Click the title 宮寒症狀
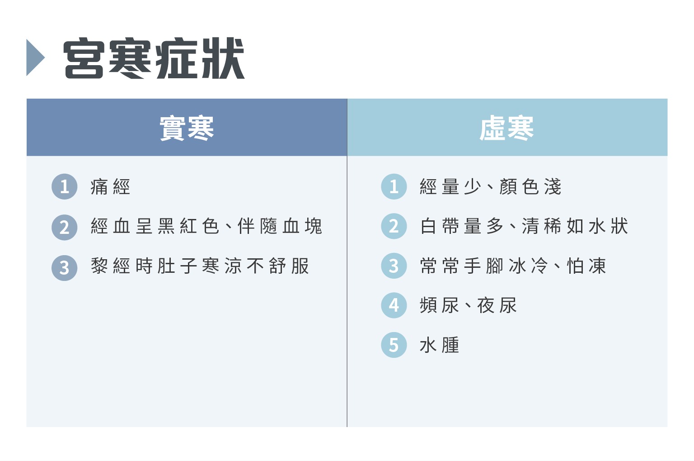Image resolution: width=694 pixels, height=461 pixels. pyautogui.click(x=154, y=58)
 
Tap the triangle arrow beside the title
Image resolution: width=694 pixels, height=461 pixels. pyautogui.click(x=35, y=58)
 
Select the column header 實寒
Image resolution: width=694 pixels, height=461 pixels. pyautogui.click(x=187, y=128)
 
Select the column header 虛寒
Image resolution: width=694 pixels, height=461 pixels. pyautogui.click(x=507, y=128)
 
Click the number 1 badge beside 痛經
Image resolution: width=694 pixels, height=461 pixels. pyautogui.click(x=65, y=186)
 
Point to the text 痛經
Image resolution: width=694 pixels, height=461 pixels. pyautogui.click(x=110, y=187)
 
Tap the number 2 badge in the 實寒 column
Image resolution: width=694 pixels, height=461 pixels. pyautogui.click(x=65, y=227)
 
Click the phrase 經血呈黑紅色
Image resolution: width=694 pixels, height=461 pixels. pyautogui.click(x=155, y=226)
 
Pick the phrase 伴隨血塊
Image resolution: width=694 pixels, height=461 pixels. pyautogui.click(x=280, y=226)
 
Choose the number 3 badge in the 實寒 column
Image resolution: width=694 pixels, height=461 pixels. pyautogui.click(x=65, y=267)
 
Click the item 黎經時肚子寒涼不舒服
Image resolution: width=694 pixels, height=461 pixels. pyautogui.click(x=200, y=266)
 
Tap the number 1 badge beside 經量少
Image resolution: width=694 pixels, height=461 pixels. pyautogui.click(x=394, y=186)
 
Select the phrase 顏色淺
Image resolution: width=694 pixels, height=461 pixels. pyautogui.click(x=530, y=187)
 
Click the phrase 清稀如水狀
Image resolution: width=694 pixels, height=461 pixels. pyautogui.click(x=575, y=226)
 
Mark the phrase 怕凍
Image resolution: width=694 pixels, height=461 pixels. pyautogui.click(x=586, y=266)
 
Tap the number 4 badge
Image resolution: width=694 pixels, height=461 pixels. pyautogui.click(x=394, y=305)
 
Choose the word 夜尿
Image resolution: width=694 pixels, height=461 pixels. pyautogui.click(x=497, y=306)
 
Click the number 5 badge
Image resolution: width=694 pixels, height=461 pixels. pyautogui.click(x=394, y=345)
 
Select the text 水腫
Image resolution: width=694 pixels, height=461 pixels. pyautogui.click(x=439, y=346)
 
